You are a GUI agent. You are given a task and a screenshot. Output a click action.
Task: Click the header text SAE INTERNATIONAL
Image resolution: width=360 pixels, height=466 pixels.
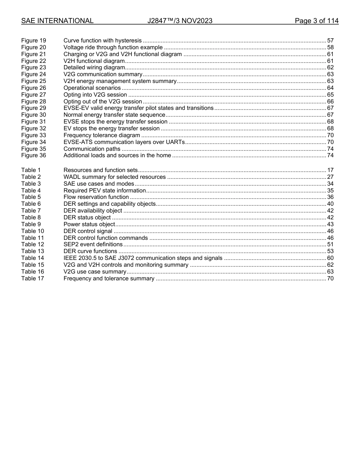57,21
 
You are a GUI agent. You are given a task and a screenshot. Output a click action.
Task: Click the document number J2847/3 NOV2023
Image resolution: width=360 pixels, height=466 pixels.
180,21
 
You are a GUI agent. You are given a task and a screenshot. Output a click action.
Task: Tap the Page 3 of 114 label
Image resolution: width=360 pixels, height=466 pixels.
316,21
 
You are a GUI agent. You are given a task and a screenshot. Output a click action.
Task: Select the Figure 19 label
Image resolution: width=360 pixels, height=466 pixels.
33,41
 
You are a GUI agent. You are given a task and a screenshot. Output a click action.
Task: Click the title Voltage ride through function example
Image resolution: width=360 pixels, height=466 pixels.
113,47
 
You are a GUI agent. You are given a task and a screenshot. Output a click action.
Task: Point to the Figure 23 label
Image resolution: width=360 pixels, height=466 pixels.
33,67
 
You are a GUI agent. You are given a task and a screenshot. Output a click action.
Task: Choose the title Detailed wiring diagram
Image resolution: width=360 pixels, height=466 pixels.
94,67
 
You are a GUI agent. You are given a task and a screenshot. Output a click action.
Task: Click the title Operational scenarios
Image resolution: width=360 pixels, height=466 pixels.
92,88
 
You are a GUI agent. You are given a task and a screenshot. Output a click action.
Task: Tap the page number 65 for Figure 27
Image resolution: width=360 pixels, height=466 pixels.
330,95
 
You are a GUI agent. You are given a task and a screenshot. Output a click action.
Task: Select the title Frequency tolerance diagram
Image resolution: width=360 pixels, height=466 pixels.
102,135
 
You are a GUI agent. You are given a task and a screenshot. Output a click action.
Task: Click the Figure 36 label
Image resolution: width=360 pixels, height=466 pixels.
33,155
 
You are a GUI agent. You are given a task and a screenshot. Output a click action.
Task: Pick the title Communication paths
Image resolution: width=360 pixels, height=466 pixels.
92,149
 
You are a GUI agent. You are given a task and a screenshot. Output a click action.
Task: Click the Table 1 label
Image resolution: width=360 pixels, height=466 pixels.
31,170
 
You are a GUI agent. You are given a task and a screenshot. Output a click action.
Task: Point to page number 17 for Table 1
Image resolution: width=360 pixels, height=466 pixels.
330,170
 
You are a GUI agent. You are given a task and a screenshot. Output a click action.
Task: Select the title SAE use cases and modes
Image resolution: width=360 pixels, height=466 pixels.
99,184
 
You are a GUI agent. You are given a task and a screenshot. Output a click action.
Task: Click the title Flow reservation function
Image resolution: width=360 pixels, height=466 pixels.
96,197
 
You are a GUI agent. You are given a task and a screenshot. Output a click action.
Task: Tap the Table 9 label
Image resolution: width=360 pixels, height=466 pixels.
31,224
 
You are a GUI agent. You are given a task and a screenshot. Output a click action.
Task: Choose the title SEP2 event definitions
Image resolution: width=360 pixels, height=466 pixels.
93,244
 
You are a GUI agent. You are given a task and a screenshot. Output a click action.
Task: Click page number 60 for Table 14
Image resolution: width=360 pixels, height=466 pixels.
330,258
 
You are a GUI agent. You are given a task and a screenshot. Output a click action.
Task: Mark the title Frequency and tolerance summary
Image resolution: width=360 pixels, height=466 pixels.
109,278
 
